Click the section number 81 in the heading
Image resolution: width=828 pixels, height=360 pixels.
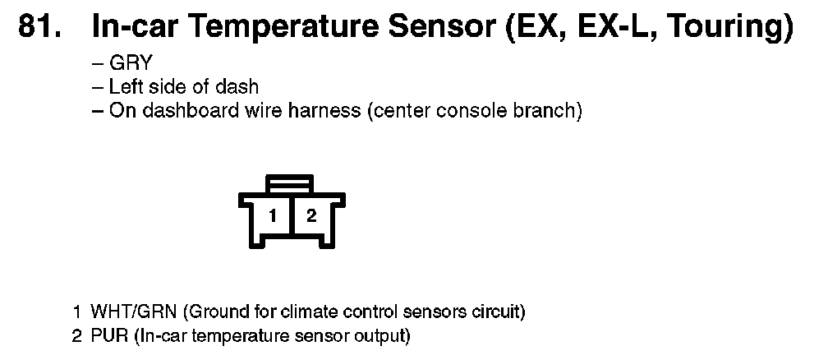point(38,27)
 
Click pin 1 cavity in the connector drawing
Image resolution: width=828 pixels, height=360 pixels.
point(274,217)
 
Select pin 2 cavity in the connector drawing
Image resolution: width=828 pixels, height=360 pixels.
point(310,217)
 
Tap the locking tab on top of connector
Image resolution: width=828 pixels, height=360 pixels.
point(290,182)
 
